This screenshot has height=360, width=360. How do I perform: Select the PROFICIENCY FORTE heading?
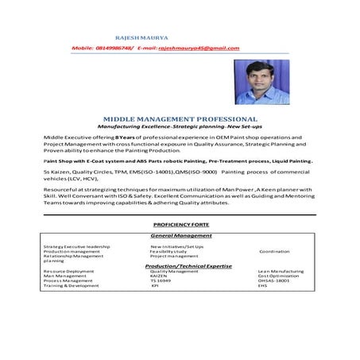point(180,226)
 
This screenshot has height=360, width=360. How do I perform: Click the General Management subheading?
point(180,236)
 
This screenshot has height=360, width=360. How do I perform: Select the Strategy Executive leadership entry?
point(76,246)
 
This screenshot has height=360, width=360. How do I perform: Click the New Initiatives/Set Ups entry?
point(176,246)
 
